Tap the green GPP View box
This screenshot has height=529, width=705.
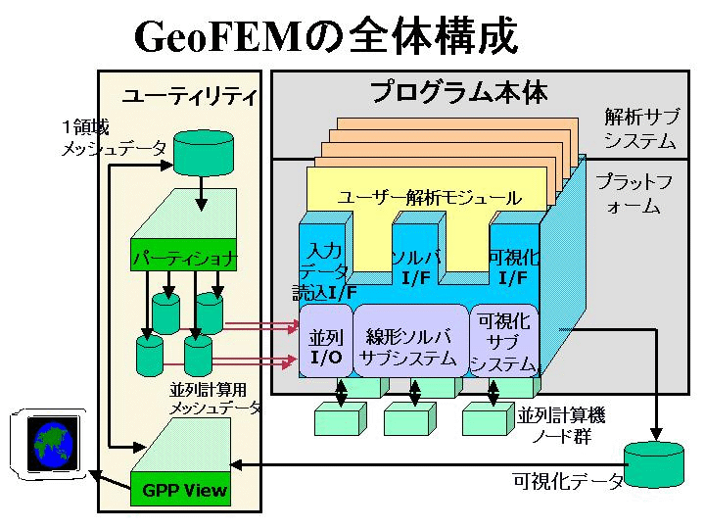pyautogui.click(x=178, y=490)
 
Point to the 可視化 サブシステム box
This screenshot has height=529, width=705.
pyautogui.click(x=503, y=342)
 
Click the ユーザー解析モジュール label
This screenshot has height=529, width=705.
pyautogui.click(x=429, y=198)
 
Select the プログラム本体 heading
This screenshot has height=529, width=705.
pyautogui.click(x=458, y=93)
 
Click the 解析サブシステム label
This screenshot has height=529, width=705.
pyautogui.click(x=639, y=129)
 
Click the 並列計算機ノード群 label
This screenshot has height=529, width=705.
pyautogui.click(x=562, y=425)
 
